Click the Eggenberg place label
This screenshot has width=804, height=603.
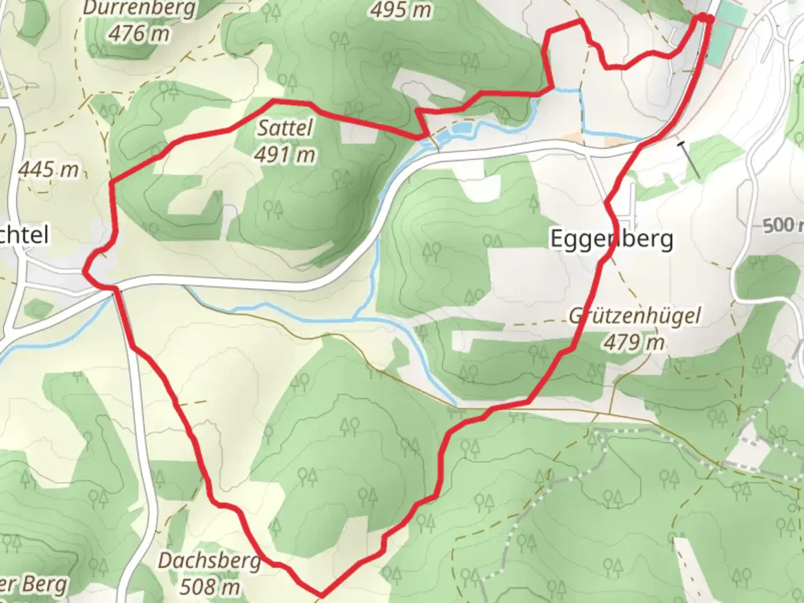611,239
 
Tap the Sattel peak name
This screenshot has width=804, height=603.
285,128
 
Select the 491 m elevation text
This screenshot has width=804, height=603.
285,155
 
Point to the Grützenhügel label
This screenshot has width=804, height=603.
634,316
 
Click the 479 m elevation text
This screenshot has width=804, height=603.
634,342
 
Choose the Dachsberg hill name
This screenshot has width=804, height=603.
209,560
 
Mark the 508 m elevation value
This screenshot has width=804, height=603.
209,586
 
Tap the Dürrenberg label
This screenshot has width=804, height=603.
140,9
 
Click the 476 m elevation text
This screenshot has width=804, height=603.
139,33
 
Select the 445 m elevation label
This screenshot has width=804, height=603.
49,169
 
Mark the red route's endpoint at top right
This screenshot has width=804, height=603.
706,18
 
